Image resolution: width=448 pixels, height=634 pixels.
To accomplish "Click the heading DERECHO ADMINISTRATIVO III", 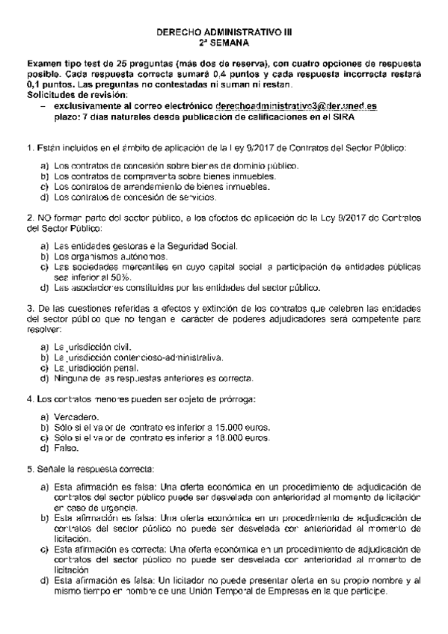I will click(224, 34).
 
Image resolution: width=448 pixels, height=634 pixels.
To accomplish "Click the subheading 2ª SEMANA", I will click(224, 44).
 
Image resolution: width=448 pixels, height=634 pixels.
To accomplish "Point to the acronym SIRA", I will click(342, 117).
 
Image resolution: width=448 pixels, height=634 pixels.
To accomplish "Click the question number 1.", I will click(28, 148).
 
